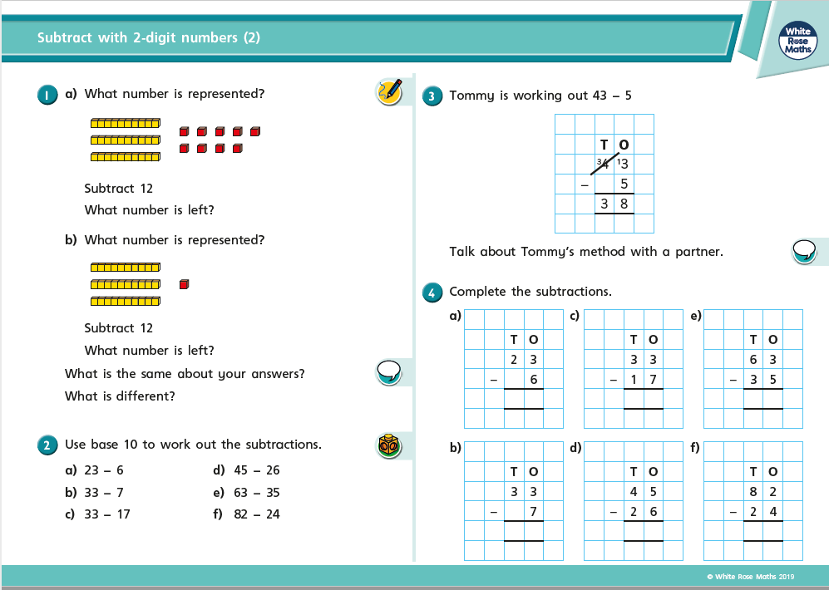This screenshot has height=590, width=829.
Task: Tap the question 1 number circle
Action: [x=47, y=95]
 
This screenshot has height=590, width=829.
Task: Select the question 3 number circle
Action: [x=432, y=96]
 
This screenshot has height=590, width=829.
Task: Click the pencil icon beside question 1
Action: [x=390, y=91]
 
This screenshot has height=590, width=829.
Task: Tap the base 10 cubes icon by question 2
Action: [x=389, y=446]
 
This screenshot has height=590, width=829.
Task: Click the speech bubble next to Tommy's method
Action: [x=804, y=250]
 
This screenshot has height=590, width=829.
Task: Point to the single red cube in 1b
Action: [x=185, y=284]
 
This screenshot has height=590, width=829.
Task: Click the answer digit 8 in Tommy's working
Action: [x=624, y=204]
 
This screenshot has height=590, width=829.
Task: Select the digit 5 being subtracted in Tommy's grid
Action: [x=624, y=184]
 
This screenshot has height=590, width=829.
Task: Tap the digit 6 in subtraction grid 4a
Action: [x=533, y=380]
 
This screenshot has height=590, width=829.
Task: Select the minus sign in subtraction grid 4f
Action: [x=733, y=512]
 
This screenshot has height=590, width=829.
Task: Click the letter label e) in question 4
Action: [x=696, y=315]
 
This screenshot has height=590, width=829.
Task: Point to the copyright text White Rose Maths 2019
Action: [x=751, y=577]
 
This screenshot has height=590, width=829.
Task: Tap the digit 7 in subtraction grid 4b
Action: [x=533, y=512]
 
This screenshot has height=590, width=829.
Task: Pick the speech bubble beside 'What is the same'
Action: [x=388, y=371]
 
